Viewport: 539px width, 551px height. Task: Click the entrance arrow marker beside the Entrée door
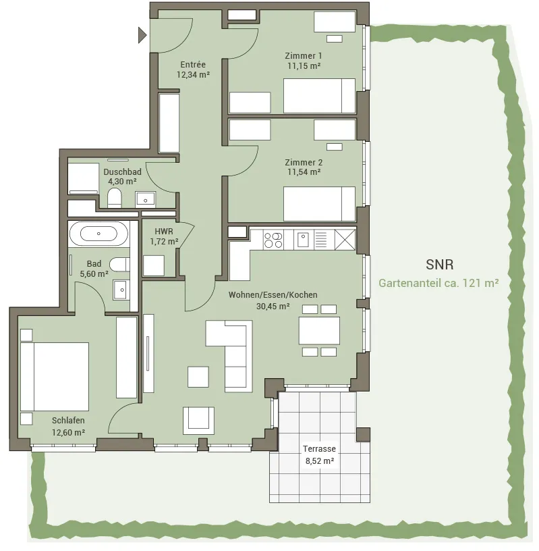[142, 35]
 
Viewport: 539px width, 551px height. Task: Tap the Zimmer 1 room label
[304, 55]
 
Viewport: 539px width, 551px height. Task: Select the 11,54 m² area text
[304, 172]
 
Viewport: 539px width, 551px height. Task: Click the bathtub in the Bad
[98, 234]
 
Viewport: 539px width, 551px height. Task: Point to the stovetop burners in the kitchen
[273, 240]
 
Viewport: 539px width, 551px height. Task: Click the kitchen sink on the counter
[303, 239]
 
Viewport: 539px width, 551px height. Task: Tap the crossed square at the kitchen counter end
[345, 239]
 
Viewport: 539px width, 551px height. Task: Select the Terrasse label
[319, 449]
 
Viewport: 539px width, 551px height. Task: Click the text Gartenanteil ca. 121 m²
[438, 283]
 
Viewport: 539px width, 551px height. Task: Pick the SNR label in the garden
[440, 264]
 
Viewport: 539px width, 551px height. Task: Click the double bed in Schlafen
[55, 376]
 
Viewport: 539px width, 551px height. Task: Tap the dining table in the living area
[319, 331]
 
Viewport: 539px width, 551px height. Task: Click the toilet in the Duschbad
[115, 198]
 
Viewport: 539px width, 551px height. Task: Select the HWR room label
[164, 231]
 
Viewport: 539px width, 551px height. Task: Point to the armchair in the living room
[198, 421]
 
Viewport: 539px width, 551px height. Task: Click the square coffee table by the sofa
[198, 377]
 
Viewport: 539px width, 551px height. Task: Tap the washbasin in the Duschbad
[145, 199]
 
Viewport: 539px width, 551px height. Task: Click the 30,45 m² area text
[273, 306]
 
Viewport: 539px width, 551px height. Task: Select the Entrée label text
[193, 65]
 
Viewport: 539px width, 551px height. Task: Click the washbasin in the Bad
[121, 290]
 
